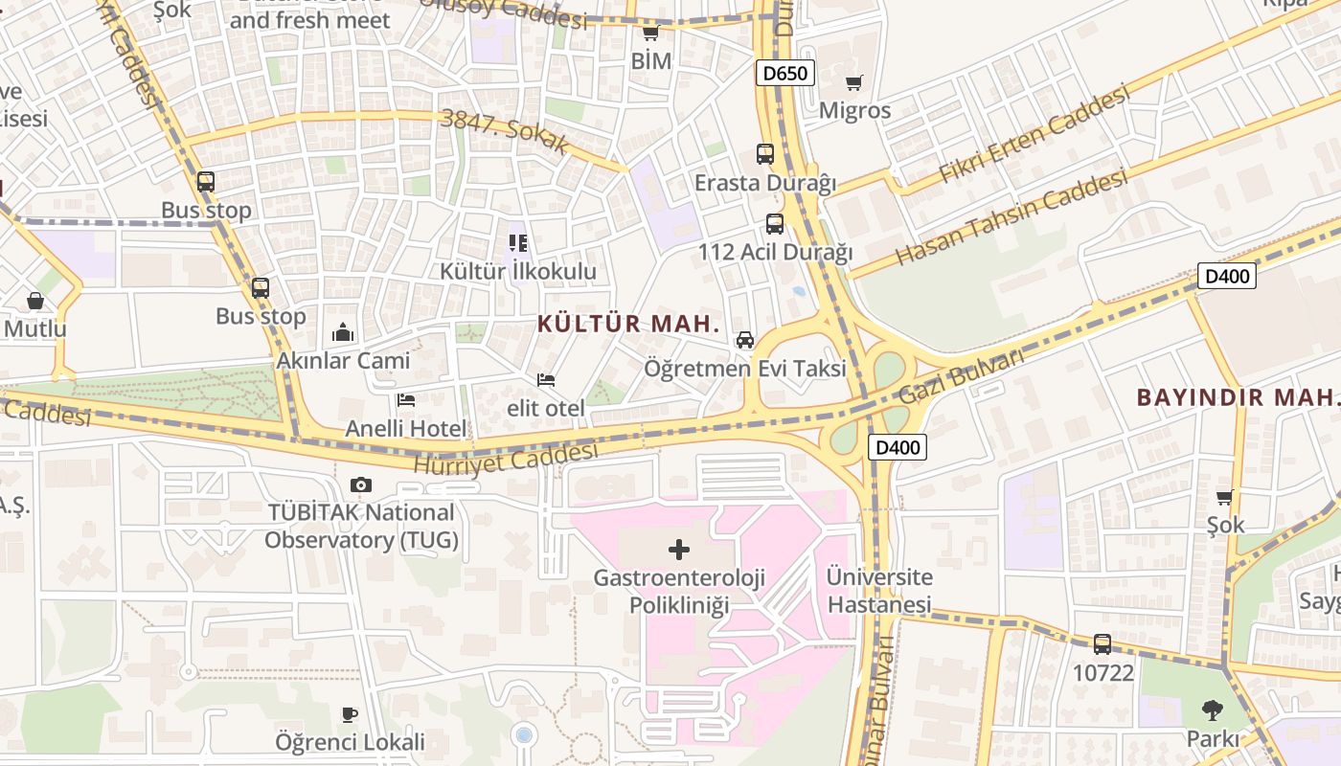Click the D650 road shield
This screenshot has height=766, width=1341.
pos(784,73)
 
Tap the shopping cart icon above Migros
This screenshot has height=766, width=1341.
pos(853,83)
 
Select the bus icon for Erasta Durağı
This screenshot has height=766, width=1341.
pos(764,153)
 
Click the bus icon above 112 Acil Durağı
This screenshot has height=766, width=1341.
pos(774,224)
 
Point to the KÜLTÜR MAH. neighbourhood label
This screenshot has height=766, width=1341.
pos(628,324)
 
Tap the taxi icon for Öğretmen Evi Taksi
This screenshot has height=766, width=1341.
pos(744,340)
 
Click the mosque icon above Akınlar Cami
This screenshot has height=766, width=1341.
pos(343,332)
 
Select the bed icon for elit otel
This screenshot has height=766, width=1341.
pos(546,380)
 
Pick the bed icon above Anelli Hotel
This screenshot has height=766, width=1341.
pos(406,399)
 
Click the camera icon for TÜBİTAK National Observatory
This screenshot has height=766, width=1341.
pos(360,484)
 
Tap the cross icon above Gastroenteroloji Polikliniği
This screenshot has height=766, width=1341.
pos(678,550)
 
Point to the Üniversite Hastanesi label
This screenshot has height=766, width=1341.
pos(879,591)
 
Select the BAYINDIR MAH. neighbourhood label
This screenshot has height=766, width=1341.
pos(1236,397)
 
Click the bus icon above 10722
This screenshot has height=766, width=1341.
pos(1102,644)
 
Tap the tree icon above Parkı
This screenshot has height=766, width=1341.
pos(1212,710)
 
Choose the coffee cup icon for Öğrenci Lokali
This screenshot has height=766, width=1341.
pos(350,714)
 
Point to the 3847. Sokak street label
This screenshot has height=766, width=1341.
pos(505,132)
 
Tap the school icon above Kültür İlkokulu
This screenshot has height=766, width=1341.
pos(517,243)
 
